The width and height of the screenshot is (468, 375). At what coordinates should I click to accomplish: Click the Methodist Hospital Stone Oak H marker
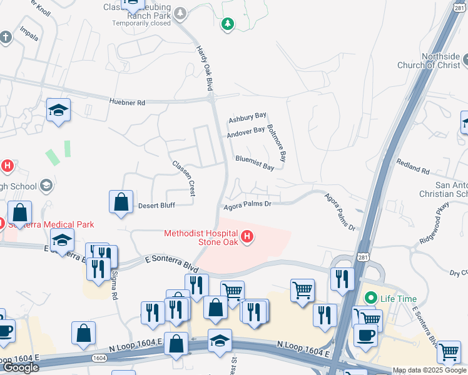click(248, 236)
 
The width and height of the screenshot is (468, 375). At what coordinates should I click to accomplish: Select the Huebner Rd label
click(127, 101)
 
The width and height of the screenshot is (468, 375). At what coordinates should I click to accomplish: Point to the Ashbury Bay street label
click(247, 117)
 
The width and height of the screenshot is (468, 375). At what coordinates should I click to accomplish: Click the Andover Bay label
click(246, 131)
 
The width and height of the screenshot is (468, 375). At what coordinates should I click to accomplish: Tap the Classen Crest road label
click(185, 177)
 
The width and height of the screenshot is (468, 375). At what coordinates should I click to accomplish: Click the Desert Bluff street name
click(156, 204)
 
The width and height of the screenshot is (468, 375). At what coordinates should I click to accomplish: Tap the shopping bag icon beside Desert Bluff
click(121, 202)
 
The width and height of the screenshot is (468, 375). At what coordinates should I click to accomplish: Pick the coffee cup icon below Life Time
click(365, 334)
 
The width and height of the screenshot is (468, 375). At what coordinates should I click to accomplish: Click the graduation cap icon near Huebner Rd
click(59, 110)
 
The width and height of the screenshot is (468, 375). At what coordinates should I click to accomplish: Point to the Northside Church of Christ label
click(432, 61)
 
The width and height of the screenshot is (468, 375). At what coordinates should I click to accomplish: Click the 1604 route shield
click(99, 357)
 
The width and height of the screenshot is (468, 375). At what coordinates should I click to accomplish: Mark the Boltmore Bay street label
click(276, 143)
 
